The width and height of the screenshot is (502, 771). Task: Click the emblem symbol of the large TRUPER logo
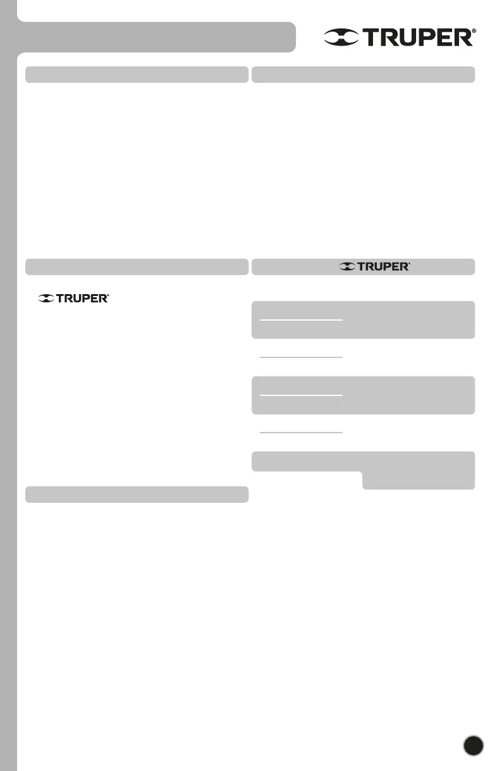point(341,38)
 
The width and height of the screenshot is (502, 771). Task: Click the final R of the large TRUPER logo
point(463,38)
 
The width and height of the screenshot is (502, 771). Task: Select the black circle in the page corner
point(473,745)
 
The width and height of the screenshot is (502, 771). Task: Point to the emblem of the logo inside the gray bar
point(347,267)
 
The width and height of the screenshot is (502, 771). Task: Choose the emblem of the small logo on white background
point(46,298)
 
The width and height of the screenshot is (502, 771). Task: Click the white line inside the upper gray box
point(302,320)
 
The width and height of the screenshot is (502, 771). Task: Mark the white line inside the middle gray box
point(302,395)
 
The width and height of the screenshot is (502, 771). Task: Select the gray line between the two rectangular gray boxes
point(302,358)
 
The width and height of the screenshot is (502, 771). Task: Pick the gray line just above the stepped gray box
point(302,433)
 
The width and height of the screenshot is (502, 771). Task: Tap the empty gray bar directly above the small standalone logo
point(136,267)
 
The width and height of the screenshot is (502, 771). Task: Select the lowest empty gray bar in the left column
point(136,495)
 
